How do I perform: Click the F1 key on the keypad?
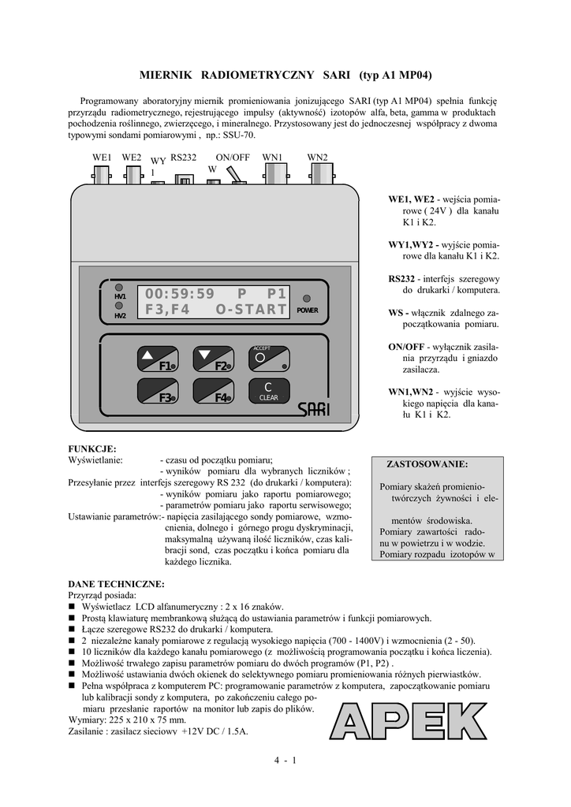click(x=158, y=360)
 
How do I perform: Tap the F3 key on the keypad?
click(x=158, y=392)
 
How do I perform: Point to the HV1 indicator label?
click(x=120, y=296)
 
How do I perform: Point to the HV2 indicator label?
click(x=120, y=316)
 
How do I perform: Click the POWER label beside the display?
click(x=308, y=311)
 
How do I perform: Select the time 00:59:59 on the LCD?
click(x=180, y=294)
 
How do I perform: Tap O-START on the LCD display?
click(x=251, y=310)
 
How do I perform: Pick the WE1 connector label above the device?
click(x=103, y=158)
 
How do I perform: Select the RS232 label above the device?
click(x=182, y=158)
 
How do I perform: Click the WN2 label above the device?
click(x=318, y=158)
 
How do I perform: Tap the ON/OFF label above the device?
click(x=233, y=158)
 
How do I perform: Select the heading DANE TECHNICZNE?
click(x=117, y=584)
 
